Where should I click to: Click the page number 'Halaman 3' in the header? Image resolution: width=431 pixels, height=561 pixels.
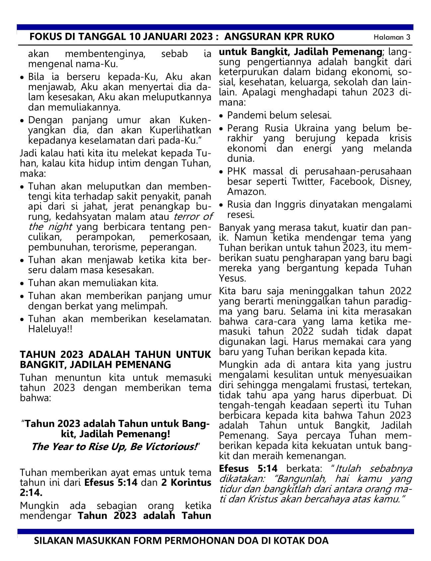click(x=392, y=37)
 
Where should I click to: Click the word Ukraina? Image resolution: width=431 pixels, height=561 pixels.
click(x=309, y=128)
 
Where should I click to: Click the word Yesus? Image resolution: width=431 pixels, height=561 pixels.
click(x=232, y=278)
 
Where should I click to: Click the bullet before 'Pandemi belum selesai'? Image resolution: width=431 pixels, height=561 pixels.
click(x=222, y=116)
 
